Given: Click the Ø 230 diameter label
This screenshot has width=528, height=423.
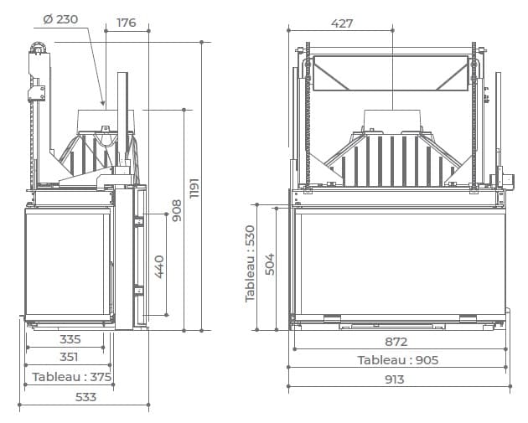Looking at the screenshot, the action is pos(60,19).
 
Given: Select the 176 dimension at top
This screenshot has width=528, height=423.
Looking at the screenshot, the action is pos(127,23).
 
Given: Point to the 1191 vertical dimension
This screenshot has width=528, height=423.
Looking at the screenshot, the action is pos(194,188).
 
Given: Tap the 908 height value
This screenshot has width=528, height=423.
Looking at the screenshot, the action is pos(177,210).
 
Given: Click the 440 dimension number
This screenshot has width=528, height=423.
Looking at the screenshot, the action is pos(159,267).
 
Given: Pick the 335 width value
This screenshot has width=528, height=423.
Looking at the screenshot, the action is pos(70,339).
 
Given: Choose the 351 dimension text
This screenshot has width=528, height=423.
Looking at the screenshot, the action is pos(69,357).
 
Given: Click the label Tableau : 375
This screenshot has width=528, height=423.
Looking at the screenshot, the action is pos(72,377).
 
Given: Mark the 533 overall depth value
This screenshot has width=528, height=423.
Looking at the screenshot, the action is pos(85,397).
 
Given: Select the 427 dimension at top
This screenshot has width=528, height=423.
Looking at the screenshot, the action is pos(342,23).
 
